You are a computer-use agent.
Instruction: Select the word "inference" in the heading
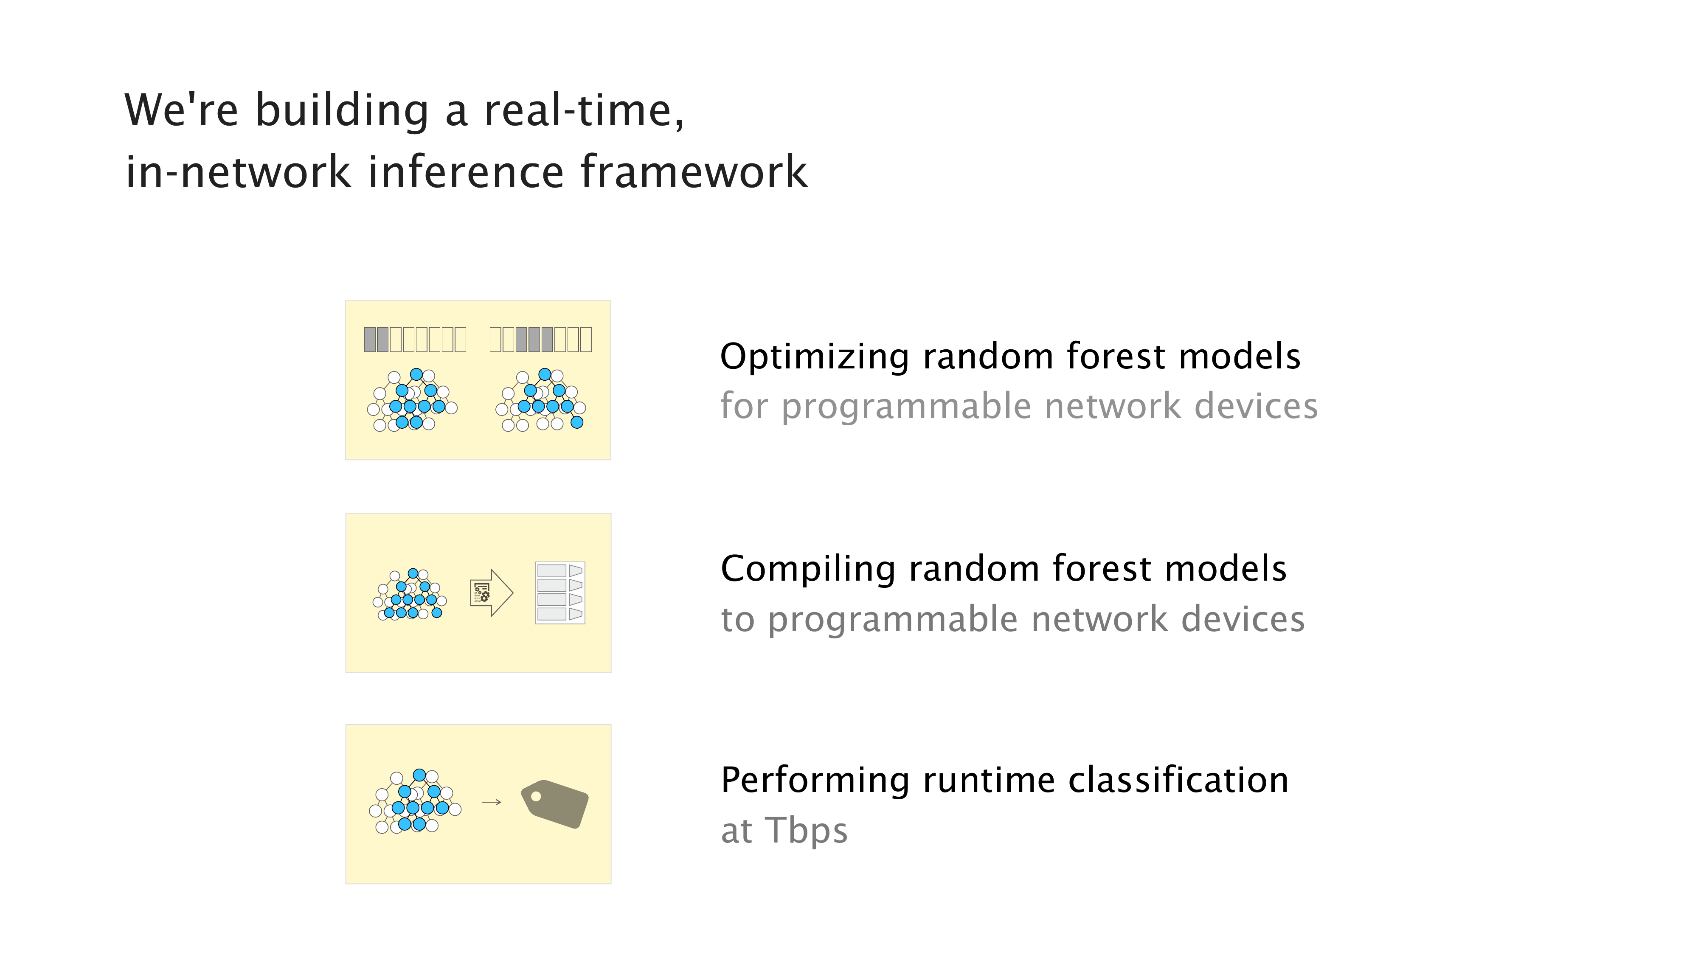click(465, 171)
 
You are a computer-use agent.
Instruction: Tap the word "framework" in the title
click(694, 171)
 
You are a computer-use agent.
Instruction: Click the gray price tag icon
click(554, 803)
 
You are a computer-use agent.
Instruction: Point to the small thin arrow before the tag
click(492, 802)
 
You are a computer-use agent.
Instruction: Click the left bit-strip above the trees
click(415, 340)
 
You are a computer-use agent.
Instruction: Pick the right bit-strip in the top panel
click(540, 340)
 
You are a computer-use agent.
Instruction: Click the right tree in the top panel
click(540, 400)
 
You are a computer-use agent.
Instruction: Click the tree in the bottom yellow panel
click(415, 801)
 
